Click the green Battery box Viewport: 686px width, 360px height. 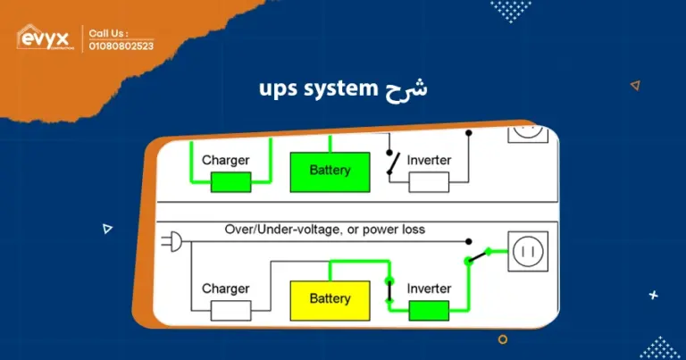[x=330, y=171]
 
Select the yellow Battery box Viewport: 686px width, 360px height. [x=330, y=299]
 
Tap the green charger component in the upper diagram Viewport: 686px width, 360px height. [x=230, y=182]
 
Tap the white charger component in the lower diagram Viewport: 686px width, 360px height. [x=230, y=310]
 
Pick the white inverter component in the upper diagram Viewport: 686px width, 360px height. [x=429, y=182]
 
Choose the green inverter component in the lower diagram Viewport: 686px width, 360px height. [x=429, y=310]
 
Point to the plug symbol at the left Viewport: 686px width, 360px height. [x=170, y=240]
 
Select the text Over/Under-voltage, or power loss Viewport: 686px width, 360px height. [x=324, y=230]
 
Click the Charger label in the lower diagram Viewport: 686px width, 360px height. [x=225, y=289]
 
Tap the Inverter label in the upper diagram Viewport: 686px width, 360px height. [x=429, y=160]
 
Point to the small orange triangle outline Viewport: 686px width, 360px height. [x=635, y=86]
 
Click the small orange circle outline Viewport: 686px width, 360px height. [x=503, y=339]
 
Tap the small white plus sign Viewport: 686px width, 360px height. [x=653, y=295]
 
